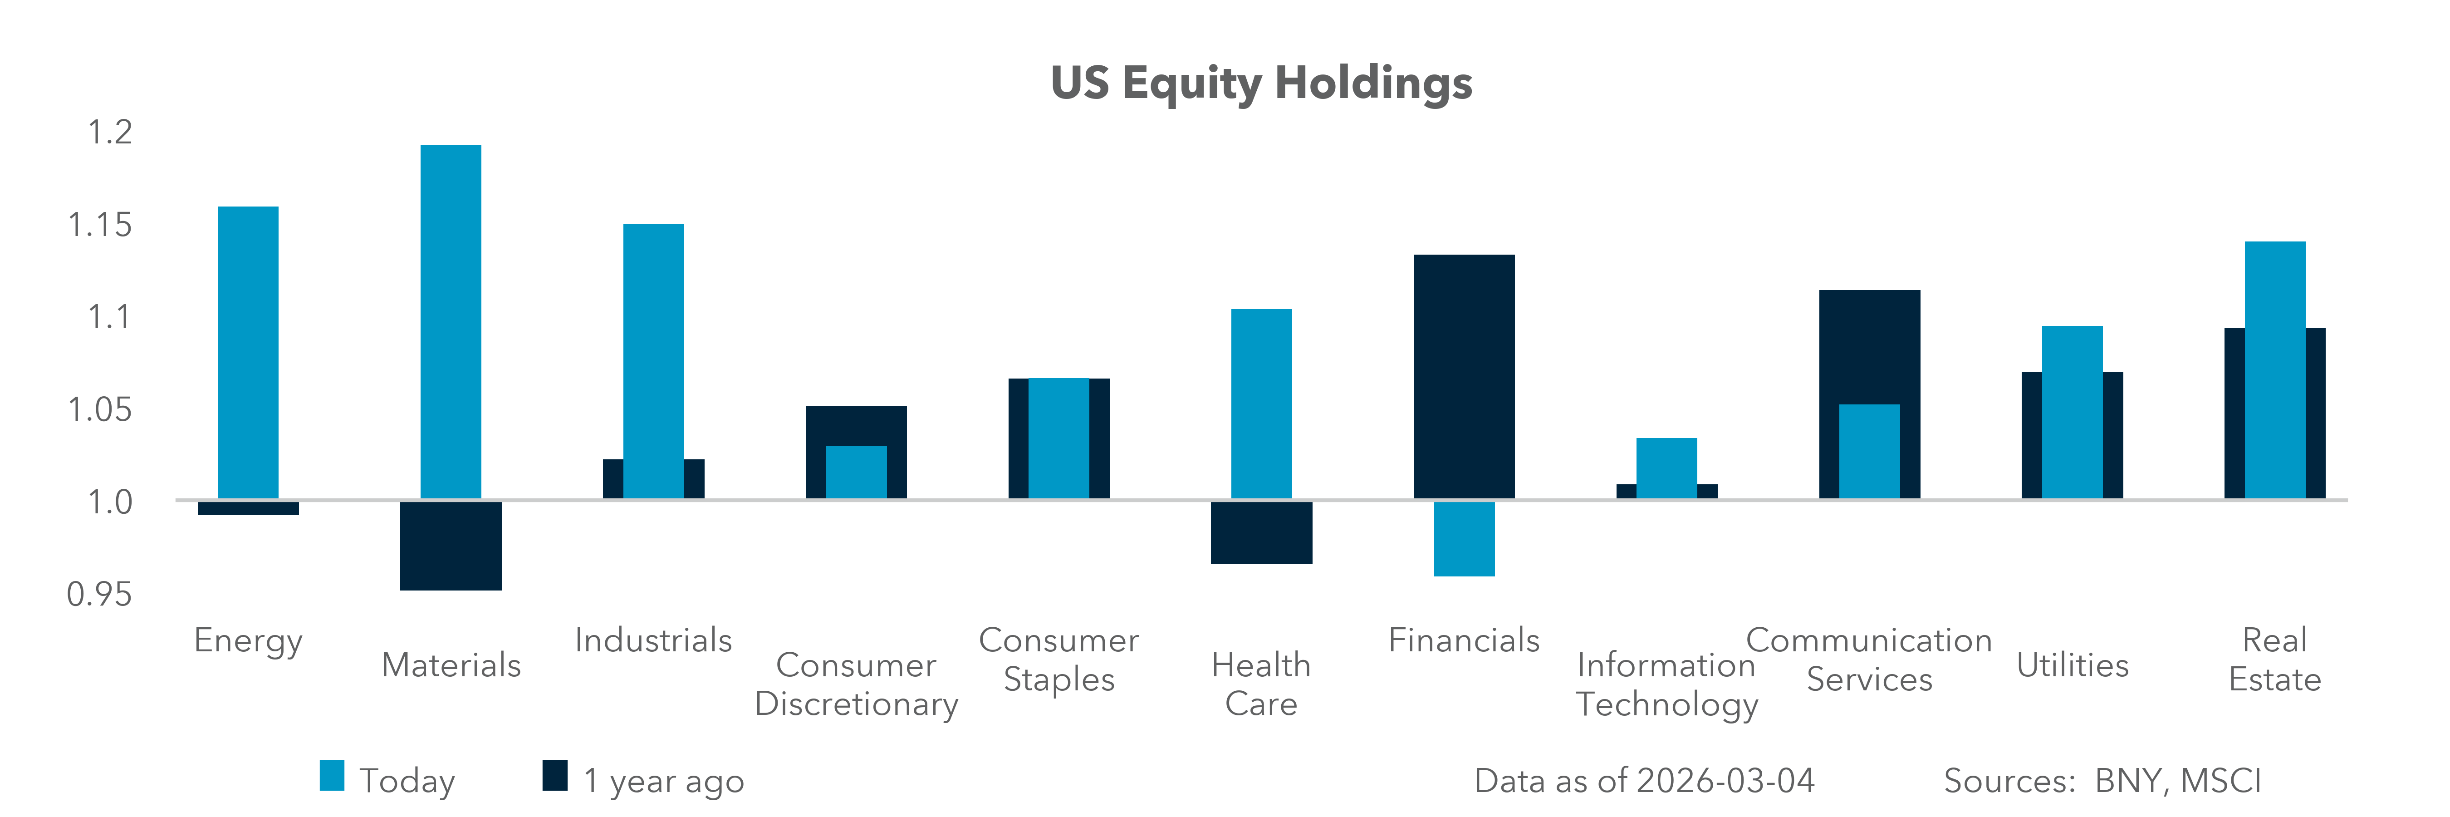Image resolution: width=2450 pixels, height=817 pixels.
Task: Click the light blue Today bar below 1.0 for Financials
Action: click(x=1464, y=538)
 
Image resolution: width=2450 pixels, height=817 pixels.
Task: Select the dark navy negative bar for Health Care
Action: click(x=1261, y=532)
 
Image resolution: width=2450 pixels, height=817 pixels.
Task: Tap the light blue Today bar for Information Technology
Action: click(x=1666, y=468)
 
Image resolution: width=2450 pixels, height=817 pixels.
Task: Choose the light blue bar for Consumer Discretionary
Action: click(x=856, y=472)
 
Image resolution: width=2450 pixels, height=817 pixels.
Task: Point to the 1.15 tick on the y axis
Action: click(x=100, y=226)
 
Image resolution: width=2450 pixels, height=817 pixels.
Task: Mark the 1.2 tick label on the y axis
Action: click(x=109, y=132)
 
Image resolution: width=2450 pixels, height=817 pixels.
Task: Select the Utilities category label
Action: click(x=2073, y=665)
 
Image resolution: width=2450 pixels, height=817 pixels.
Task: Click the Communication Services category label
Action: click(x=1869, y=659)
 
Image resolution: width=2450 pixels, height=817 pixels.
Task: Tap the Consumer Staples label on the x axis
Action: click(x=1058, y=659)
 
